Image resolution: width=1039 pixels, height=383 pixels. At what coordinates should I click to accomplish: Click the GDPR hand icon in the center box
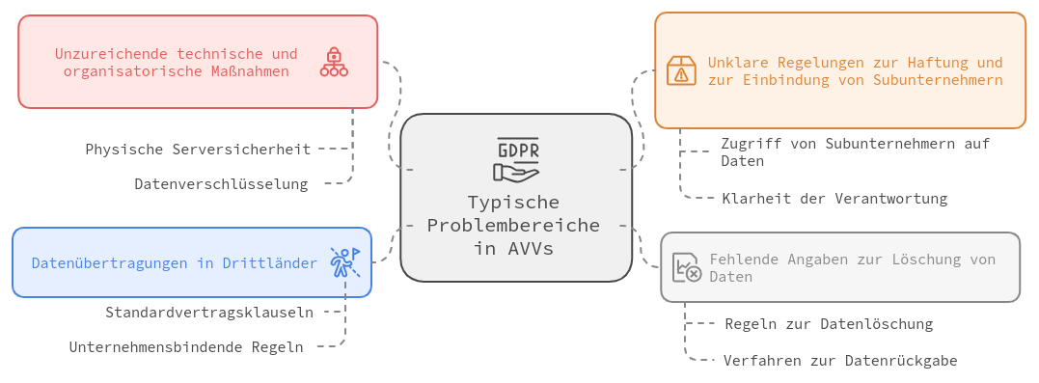(516, 160)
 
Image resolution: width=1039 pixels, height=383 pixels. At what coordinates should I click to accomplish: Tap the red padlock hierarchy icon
(334, 62)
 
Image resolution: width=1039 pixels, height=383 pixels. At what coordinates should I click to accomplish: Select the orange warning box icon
(680, 70)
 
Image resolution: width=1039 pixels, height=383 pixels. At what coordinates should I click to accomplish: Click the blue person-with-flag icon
(345, 262)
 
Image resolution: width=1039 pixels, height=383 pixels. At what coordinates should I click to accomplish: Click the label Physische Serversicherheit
(198, 150)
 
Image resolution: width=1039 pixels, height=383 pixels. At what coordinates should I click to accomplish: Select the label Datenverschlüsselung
(221, 183)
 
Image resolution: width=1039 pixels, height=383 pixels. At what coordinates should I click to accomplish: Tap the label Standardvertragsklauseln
(209, 313)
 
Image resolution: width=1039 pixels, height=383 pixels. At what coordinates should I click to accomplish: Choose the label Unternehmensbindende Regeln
(186, 346)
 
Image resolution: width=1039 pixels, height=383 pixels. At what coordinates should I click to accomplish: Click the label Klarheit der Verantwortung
(834, 198)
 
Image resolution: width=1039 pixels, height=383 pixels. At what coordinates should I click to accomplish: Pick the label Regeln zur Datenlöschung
(829, 324)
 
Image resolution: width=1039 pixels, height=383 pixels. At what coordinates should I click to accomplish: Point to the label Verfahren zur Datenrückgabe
(840, 361)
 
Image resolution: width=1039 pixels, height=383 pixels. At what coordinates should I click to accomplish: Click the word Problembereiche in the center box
(513, 226)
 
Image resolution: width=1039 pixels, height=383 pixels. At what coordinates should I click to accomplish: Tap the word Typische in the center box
(513, 202)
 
